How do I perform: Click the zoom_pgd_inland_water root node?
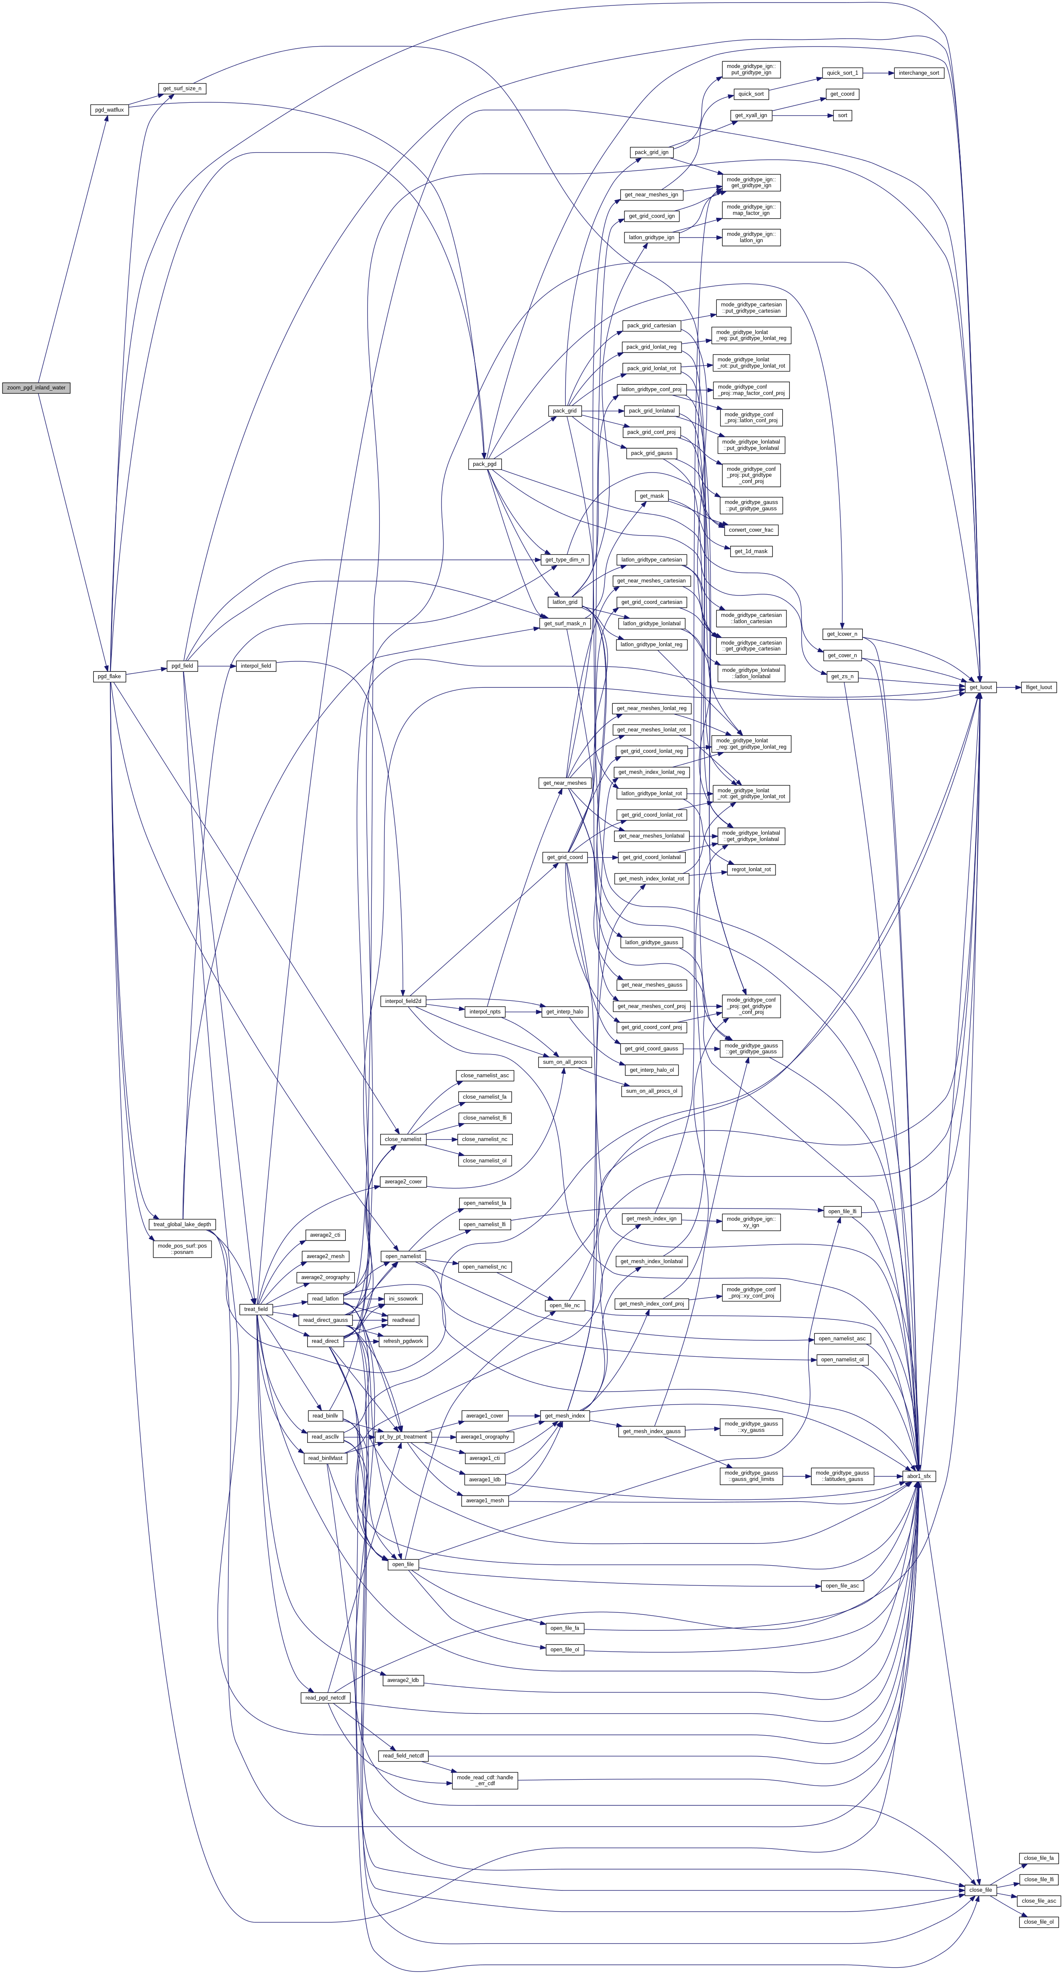(36, 388)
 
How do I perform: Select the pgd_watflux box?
(109, 110)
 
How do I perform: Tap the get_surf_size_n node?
(182, 88)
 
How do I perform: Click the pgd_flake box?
(108, 676)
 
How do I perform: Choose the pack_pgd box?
(484, 464)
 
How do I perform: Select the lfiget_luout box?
(1039, 687)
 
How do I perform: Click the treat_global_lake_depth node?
(183, 1225)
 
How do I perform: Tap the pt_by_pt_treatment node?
(403, 1437)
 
